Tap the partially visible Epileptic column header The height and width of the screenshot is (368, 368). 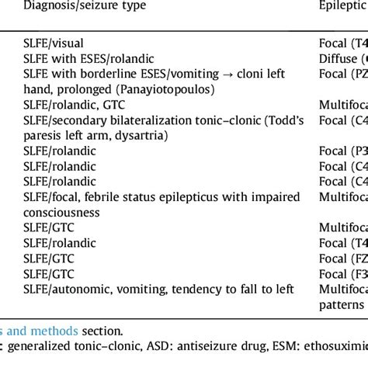tap(342, 5)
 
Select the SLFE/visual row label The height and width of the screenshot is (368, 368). tap(54, 43)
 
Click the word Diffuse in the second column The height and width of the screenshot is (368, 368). tap(338, 58)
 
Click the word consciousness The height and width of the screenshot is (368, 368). tap(61, 211)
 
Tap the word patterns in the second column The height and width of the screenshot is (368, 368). tap(342, 304)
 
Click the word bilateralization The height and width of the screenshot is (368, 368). tap(147, 120)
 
